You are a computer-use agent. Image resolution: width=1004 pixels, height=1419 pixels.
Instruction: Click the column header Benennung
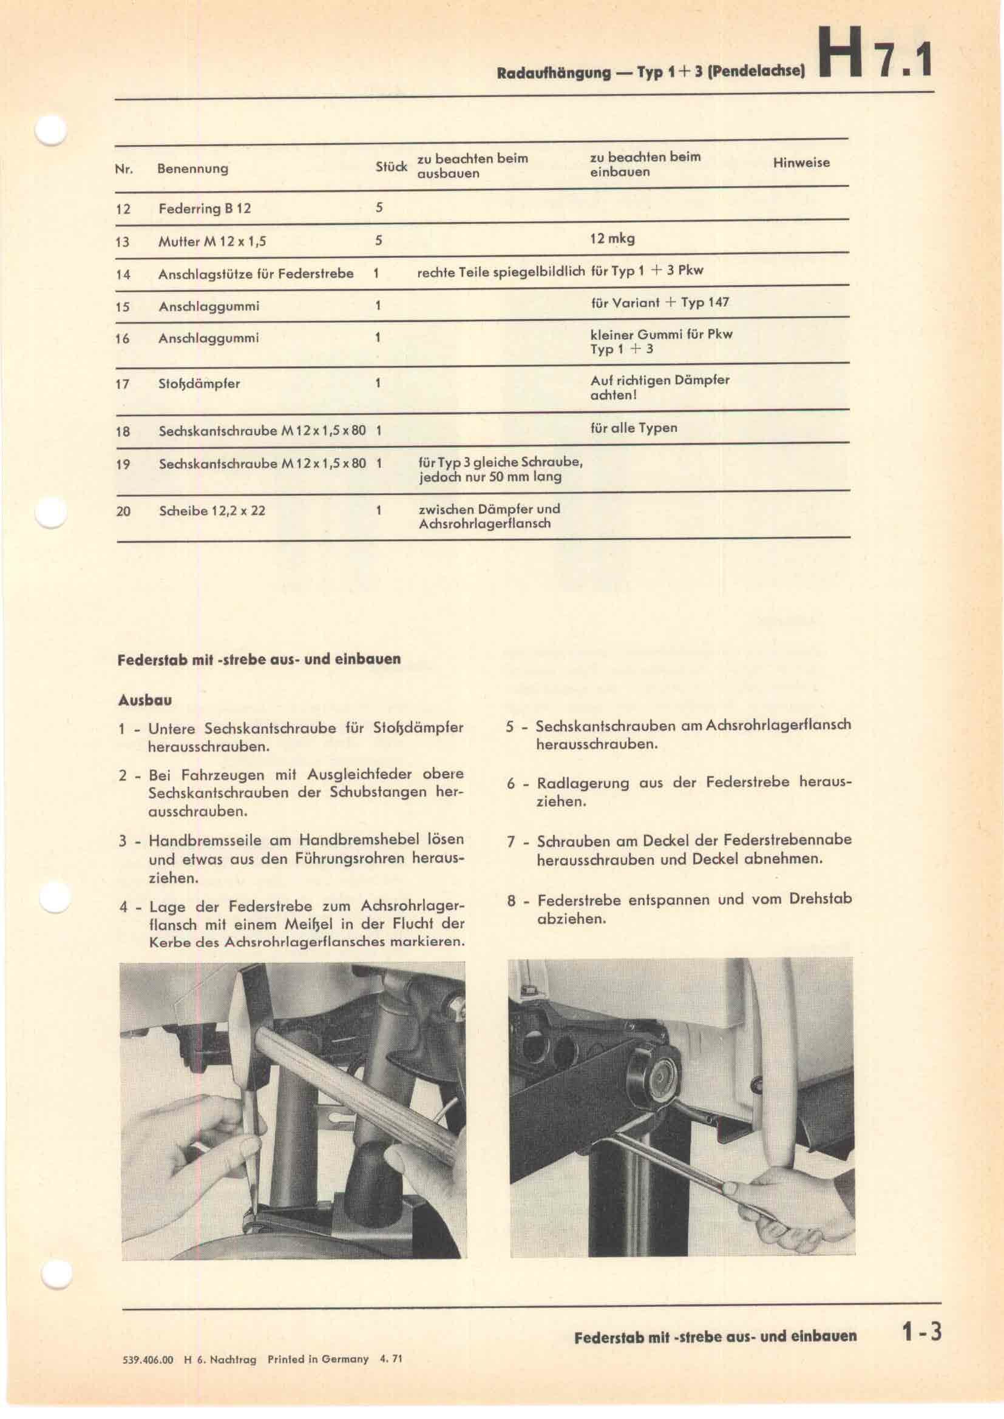[x=193, y=169]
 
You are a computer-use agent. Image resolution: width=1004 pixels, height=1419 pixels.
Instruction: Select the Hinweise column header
[x=801, y=163]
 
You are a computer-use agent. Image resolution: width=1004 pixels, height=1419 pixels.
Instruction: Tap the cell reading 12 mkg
[x=612, y=238]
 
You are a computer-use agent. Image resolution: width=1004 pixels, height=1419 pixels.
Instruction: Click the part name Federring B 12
[x=205, y=208]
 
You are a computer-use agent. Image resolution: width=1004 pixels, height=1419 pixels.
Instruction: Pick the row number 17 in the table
[x=123, y=384]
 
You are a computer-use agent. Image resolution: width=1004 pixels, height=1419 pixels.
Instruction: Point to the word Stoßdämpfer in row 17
[x=199, y=384]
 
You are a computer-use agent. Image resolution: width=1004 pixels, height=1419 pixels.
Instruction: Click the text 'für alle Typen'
[x=634, y=428]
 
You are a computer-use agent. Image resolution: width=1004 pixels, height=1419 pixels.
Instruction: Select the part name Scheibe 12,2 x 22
[x=212, y=511]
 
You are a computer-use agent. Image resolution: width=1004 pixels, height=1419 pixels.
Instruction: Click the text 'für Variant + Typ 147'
[x=660, y=302]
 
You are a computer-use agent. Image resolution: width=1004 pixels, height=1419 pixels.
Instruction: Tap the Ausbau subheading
[x=144, y=700]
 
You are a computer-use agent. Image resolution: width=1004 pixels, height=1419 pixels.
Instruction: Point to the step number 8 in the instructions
[x=511, y=900]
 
